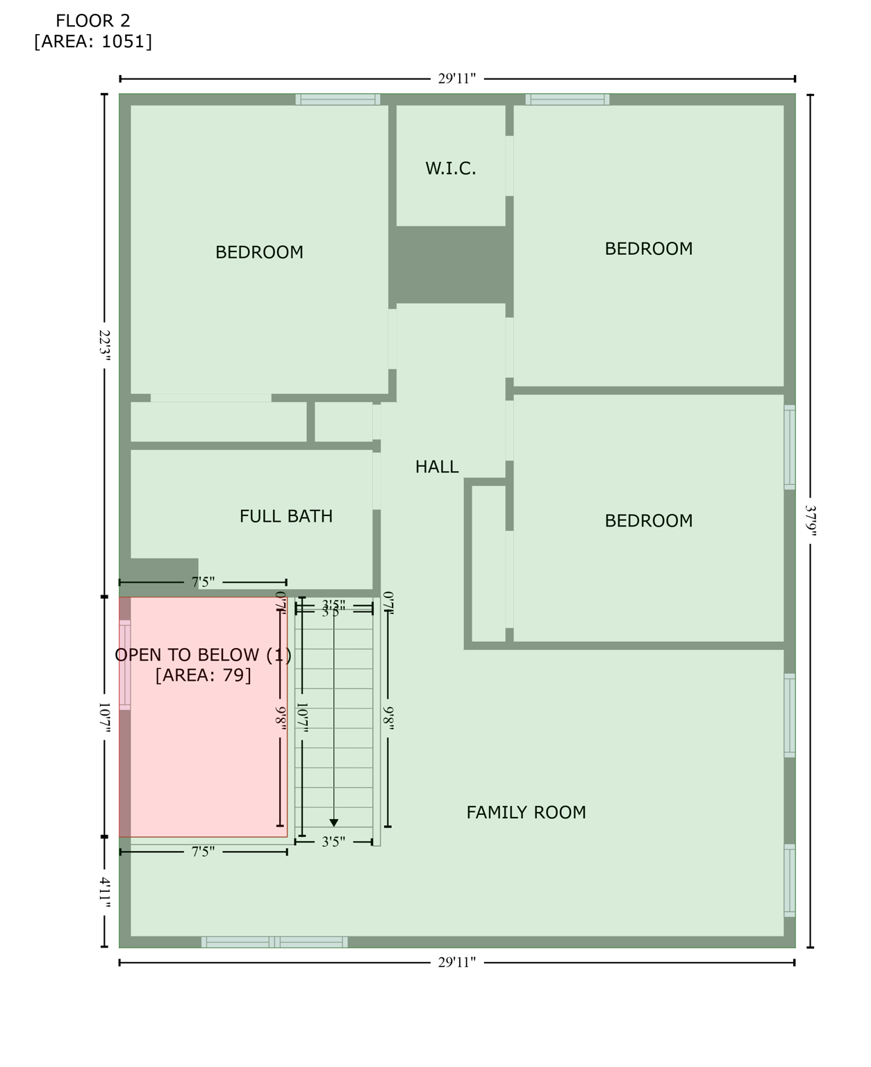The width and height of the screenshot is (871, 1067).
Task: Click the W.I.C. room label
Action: pos(451,168)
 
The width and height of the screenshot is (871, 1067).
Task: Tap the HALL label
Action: pos(437,467)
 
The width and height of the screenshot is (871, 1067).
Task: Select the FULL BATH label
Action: pos(286,516)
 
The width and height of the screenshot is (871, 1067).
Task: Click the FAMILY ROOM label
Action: pos(526,812)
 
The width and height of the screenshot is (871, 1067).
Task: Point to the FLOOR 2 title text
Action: pos(93,21)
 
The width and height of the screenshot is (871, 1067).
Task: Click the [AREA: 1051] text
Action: pos(93,42)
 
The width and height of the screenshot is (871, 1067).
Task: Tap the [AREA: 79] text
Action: pos(203,675)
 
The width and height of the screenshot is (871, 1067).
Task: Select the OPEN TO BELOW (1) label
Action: pos(203,654)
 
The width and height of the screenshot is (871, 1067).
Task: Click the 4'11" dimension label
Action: pos(104,893)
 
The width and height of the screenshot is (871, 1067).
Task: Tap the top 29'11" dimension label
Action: pos(456,78)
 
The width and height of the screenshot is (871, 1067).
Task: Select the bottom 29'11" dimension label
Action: pos(456,962)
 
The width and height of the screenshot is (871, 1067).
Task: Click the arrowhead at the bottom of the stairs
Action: pos(333,823)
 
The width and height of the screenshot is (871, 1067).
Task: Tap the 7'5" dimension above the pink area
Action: pos(203,582)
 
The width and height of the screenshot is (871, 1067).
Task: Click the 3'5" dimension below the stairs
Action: pos(333,842)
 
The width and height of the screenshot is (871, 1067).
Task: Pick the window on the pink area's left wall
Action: pos(125,665)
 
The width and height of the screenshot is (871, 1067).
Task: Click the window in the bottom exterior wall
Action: pos(274,942)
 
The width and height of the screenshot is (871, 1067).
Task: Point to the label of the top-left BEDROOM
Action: pos(259,252)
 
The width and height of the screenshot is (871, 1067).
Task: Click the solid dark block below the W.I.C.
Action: pos(450,265)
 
